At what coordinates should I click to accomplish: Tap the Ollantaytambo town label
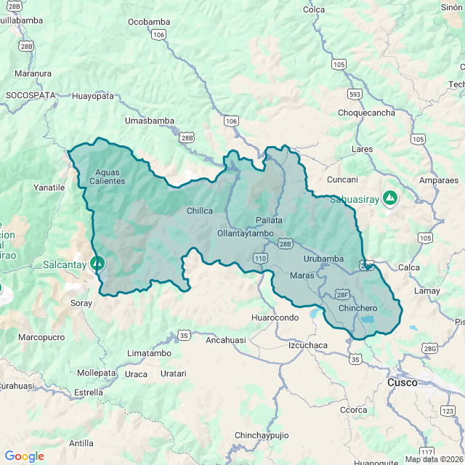245,233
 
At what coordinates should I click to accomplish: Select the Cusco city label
402,381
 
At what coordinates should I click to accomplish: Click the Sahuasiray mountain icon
391,197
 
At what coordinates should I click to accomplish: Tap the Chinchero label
358,308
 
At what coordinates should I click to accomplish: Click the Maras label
302,276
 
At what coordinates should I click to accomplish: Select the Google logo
24,456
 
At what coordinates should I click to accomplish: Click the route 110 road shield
261,258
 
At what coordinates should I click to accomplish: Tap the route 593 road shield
355,94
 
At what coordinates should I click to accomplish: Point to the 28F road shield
343,295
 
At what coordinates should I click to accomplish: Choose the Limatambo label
149,353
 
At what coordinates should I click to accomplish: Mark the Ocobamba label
148,22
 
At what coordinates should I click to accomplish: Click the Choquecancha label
367,113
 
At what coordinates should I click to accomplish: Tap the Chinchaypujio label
261,435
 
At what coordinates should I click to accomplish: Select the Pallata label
269,220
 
